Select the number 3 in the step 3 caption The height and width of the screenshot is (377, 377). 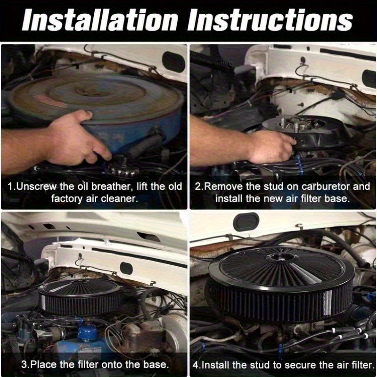point(25,364)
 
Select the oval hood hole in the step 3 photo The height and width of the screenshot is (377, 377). point(126,268)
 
